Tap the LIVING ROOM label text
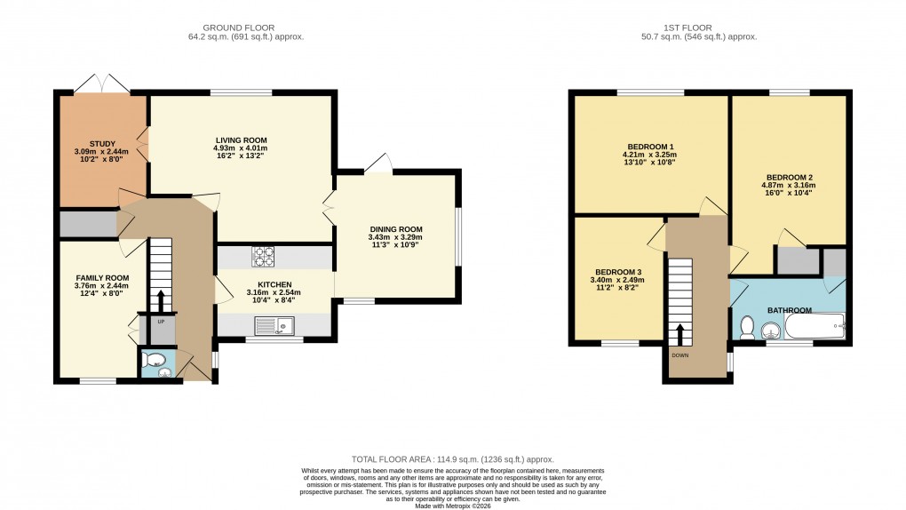tap(241, 139)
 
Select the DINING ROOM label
tap(395, 229)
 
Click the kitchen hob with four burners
tap(264, 256)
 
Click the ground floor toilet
tap(155, 363)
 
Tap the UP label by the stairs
tap(161, 321)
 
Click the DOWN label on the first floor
tap(680, 355)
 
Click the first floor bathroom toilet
tap(746, 330)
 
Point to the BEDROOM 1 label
tap(651, 147)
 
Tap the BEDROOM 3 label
tap(618, 271)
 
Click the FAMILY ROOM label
tap(102, 278)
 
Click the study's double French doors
tap(102, 84)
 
